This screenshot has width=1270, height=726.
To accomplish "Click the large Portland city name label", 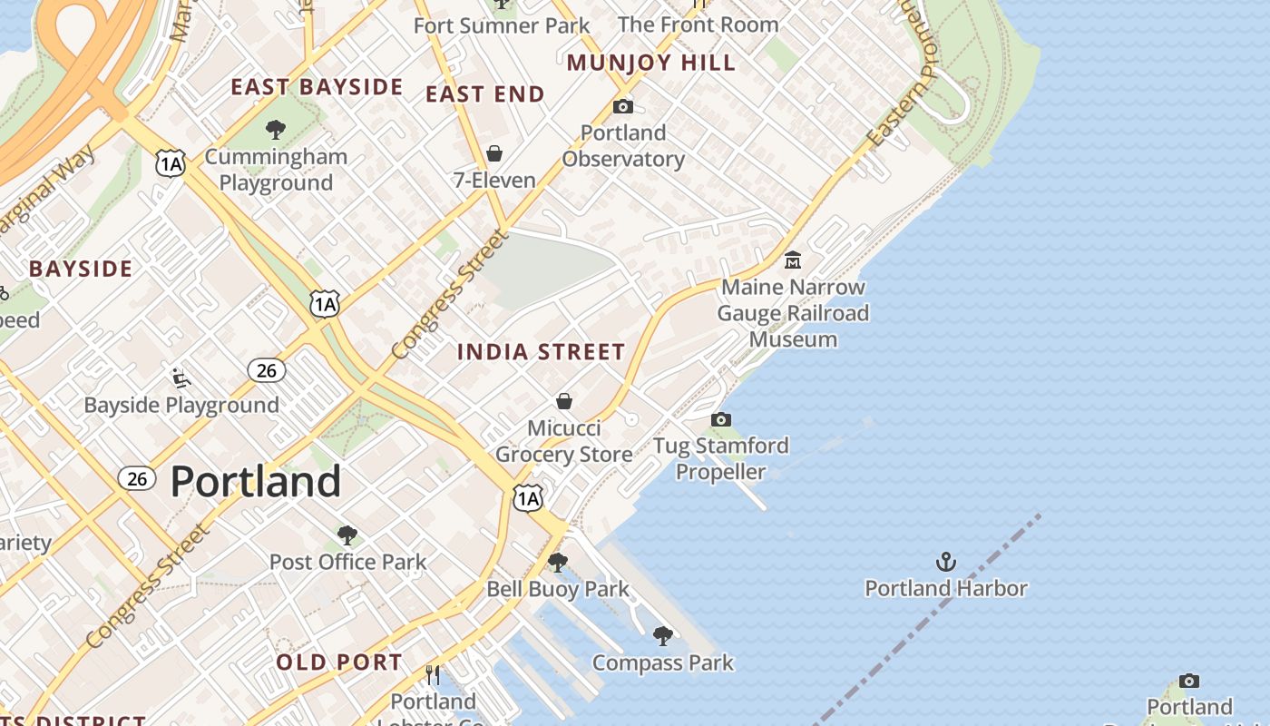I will [256, 481].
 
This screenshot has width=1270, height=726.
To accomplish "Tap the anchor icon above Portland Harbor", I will [946, 562].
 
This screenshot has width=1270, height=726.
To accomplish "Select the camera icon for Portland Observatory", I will [622, 106].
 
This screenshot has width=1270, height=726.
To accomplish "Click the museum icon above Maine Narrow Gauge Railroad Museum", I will [793, 260].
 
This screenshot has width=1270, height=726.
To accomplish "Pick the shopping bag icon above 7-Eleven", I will [494, 153].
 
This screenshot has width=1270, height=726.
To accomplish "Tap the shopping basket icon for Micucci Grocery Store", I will [564, 401].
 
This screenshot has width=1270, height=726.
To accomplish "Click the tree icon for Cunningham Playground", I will [276, 130].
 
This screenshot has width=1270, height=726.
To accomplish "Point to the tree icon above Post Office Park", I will [347, 535].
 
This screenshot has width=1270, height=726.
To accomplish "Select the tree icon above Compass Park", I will [662, 635].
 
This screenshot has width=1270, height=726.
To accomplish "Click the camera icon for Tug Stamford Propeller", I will [721, 419].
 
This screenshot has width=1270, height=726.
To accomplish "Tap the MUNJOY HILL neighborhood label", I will [651, 63].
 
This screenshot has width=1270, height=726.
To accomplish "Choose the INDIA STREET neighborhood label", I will [542, 352].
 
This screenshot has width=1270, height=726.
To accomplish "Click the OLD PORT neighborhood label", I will [339, 662].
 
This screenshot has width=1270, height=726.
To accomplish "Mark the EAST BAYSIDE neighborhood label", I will [317, 87].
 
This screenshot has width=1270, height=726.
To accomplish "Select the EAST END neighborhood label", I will [485, 94].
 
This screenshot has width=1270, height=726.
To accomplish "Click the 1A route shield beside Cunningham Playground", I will [171, 163].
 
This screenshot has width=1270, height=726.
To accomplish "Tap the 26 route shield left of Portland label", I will [136, 478].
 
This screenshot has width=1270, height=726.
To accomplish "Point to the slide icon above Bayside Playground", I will [181, 378].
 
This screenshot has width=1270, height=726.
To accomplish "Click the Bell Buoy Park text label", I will [558, 589].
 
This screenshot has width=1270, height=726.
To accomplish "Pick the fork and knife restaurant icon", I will [433, 674].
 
